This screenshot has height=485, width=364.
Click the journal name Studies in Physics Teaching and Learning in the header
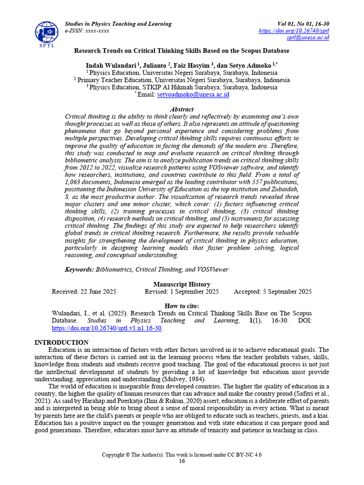tap(118, 24)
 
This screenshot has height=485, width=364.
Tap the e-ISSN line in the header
tap(87, 31)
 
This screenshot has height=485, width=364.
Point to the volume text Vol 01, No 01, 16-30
tap(303, 24)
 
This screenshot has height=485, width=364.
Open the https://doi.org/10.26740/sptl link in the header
tap(294, 31)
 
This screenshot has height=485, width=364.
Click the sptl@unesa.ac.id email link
tap(308, 38)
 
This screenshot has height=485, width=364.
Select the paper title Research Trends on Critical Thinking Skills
tap(182, 51)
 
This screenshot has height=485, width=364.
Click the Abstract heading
tap(182, 109)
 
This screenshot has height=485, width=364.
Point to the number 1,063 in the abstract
tap(75, 181)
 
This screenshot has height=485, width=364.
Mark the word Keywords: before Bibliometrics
tap(80, 269)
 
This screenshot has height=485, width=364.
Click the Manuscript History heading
tap(182, 285)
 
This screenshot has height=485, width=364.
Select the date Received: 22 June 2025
tap(84, 292)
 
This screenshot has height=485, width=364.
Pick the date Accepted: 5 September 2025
tap(273, 292)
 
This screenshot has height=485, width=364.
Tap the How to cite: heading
tap(182, 306)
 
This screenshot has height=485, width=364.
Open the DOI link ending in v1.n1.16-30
tap(107, 328)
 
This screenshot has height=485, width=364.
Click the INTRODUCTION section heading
tap(61, 342)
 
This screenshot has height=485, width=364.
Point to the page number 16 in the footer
tap(182, 461)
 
